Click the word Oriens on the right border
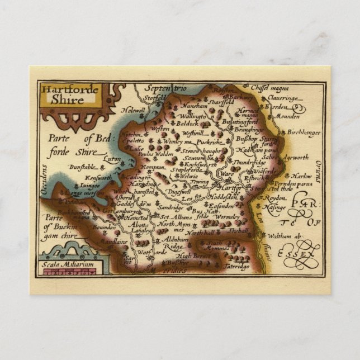click(x=317, y=170)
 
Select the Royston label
click(x=222, y=89)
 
